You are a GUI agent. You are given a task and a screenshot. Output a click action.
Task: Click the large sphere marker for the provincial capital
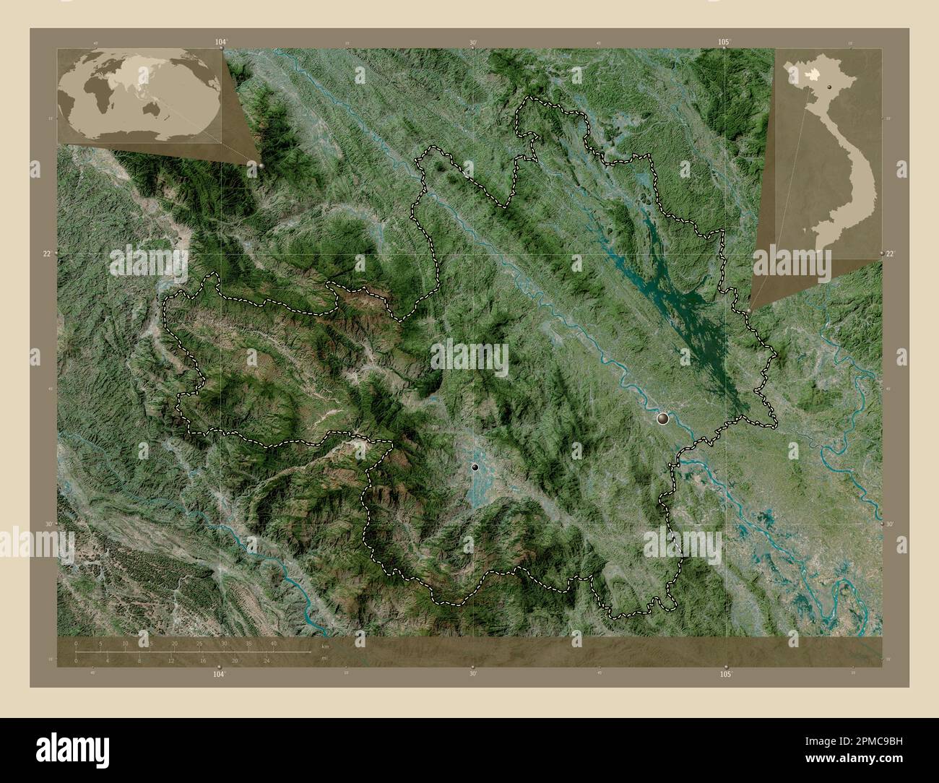click(663, 418)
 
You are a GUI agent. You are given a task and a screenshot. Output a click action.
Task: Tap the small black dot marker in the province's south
click(475, 467)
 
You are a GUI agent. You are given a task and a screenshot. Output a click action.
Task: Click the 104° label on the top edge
click(220, 43)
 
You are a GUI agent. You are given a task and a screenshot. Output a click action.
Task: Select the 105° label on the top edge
click(724, 43)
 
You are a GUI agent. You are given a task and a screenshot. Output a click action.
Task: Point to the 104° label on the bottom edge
click(220, 673)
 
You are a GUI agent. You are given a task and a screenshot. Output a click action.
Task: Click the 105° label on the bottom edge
click(725, 673)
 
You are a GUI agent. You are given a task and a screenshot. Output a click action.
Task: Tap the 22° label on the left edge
click(46, 254)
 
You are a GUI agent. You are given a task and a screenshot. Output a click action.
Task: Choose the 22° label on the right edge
click(890, 254)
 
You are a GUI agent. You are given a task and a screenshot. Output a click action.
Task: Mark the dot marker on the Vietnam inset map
click(831, 86)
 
